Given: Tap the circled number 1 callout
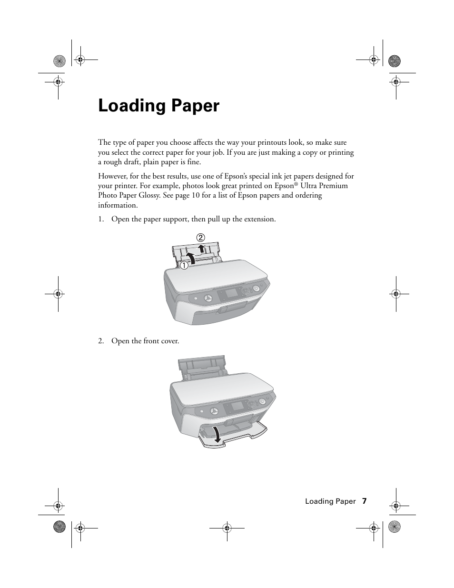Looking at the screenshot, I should (x=183, y=265).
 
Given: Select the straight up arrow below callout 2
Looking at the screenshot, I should (x=202, y=248).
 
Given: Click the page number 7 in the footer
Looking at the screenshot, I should (x=364, y=501).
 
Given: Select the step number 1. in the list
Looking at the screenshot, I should (x=101, y=219).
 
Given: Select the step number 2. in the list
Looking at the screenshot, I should (x=101, y=341).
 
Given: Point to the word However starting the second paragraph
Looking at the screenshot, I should (x=113, y=176).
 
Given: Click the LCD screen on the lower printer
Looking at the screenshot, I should (x=237, y=408).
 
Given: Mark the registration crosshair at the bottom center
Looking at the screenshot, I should (x=227, y=528).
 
